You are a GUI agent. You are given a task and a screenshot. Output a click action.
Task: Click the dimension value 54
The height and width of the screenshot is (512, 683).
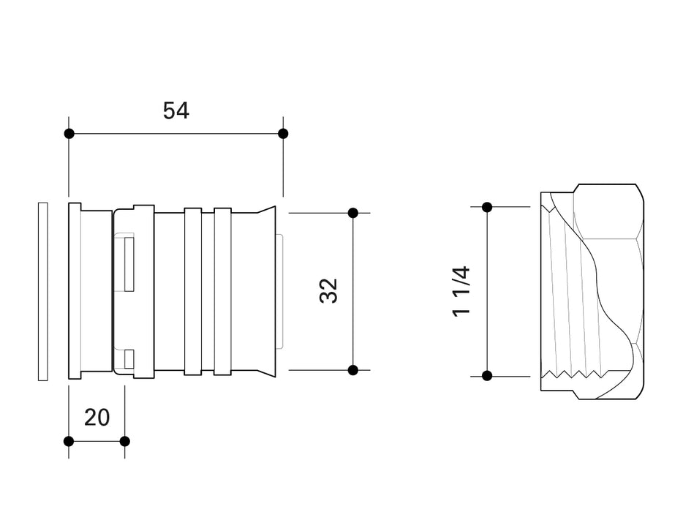click(x=176, y=111)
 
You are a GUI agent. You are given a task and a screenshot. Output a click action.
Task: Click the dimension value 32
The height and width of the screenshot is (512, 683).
click(x=329, y=291)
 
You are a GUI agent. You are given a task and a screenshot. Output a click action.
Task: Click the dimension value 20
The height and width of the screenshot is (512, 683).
click(x=97, y=418)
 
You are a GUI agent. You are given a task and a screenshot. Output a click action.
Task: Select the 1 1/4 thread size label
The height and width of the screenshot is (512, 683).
click(x=461, y=291)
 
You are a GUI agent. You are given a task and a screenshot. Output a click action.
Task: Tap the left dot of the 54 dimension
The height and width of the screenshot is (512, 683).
click(x=69, y=134)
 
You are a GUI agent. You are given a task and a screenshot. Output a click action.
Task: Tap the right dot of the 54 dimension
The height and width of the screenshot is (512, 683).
click(x=283, y=134)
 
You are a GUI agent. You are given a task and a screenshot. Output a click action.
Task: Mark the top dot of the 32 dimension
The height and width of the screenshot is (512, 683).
click(x=352, y=213)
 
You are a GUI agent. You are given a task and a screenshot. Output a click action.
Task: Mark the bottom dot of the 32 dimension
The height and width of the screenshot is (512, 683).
click(x=352, y=370)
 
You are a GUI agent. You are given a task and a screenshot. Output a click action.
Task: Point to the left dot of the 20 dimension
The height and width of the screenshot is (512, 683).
click(x=69, y=441)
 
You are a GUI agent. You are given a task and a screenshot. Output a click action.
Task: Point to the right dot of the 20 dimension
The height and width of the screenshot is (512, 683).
click(x=124, y=441)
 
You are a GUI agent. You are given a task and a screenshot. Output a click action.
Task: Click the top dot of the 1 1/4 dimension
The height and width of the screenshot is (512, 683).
click(x=487, y=207)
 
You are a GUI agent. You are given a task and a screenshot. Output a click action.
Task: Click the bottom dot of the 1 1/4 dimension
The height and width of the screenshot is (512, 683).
click(x=487, y=376)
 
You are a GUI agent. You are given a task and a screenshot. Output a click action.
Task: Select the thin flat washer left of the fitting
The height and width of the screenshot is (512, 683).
click(x=42, y=291)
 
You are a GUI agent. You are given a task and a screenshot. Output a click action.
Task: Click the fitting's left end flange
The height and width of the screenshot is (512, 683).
click(x=75, y=291)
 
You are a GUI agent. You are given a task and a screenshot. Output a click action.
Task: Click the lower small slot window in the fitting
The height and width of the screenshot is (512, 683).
click(x=129, y=358)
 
